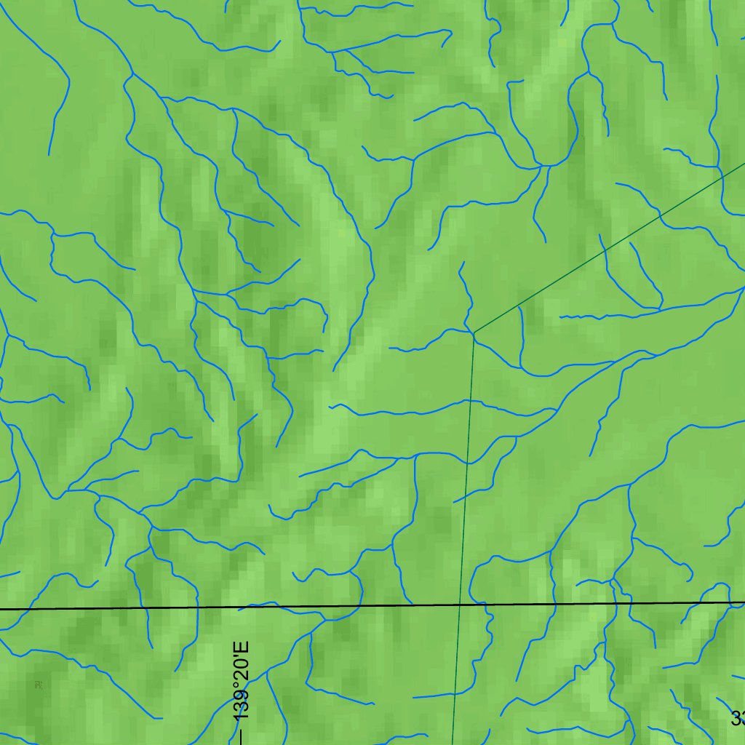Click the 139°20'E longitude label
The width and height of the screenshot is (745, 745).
(x=242, y=681)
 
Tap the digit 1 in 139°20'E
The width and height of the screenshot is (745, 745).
(x=242, y=716)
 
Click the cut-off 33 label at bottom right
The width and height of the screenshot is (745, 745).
(x=738, y=719)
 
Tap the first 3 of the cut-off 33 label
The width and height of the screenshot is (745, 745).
(x=736, y=719)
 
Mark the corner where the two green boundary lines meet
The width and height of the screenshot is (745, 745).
(x=474, y=333)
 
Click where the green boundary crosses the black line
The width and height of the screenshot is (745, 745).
(x=460, y=604)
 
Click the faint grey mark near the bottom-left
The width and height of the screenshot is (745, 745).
(x=37, y=684)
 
